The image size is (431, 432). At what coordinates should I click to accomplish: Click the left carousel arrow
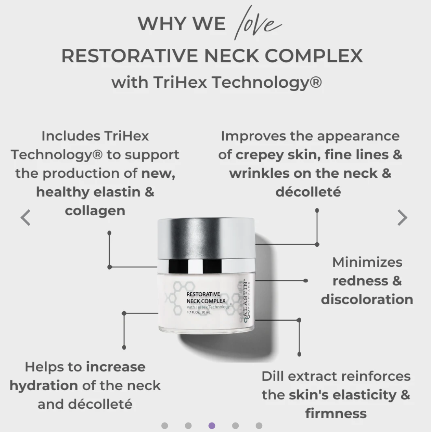coord(26,218)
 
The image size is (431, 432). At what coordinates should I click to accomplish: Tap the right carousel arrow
coord(402,218)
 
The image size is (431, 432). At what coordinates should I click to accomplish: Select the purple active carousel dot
coord(212,425)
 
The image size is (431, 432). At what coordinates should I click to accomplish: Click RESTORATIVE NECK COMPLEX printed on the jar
coord(206,297)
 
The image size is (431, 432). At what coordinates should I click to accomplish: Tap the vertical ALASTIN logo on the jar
coord(247,301)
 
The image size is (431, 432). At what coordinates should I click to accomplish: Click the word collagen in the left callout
coord(95,210)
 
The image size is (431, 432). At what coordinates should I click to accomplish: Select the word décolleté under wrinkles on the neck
coord(308,192)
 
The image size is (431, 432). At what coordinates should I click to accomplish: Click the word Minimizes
coord(367,262)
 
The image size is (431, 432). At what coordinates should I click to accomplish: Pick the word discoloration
coord(367,299)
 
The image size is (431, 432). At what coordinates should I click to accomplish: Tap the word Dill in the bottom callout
coord(272,376)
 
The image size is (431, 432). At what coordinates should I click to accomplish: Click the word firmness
coord(336,413)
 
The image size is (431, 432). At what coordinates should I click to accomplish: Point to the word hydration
coord(44,385)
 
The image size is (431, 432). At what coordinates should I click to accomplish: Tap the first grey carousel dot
coord(164,425)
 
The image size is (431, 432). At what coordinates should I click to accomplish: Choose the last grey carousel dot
coord(259,425)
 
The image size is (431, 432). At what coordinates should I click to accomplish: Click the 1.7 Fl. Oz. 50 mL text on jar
coord(199,312)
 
